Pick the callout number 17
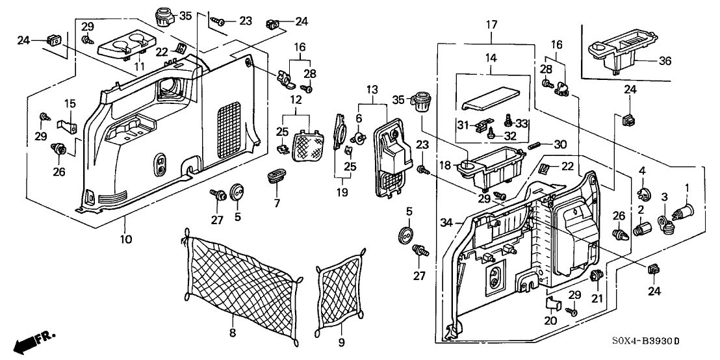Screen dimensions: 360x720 [x=492, y=25]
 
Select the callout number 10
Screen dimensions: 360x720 [x=126, y=239]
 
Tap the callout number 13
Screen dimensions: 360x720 [x=372, y=89]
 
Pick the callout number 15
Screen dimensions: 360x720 [x=70, y=103]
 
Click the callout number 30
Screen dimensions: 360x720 [x=559, y=144]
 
